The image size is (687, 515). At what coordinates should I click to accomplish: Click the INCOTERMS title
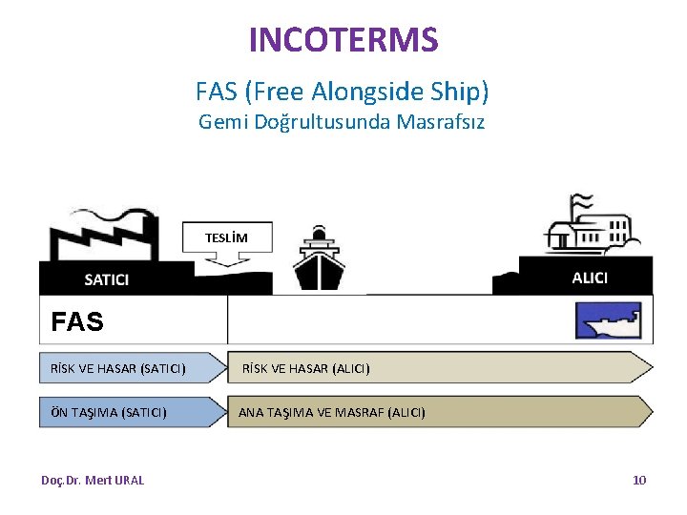click(x=343, y=40)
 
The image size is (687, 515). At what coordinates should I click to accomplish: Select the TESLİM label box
click(x=226, y=237)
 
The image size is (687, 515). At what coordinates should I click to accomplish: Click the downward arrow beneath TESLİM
click(x=226, y=258)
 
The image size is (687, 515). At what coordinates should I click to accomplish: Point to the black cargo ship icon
click(x=319, y=258)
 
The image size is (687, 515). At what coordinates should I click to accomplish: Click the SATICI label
click(x=107, y=279)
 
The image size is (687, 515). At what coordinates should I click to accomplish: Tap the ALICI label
click(x=590, y=278)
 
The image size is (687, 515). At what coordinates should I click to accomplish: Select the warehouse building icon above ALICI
click(x=587, y=229)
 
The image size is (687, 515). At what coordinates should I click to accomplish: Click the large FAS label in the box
click(x=77, y=322)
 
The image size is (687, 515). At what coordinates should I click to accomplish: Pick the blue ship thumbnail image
click(x=608, y=321)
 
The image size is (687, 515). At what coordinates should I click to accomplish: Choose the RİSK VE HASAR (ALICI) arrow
click(x=439, y=367)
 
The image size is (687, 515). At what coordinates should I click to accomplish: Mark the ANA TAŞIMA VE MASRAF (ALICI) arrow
click(x=439, y=412)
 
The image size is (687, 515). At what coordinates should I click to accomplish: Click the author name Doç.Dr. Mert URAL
click(x=93, y=480)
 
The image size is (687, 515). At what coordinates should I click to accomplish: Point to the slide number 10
click(x=639, y=480)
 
